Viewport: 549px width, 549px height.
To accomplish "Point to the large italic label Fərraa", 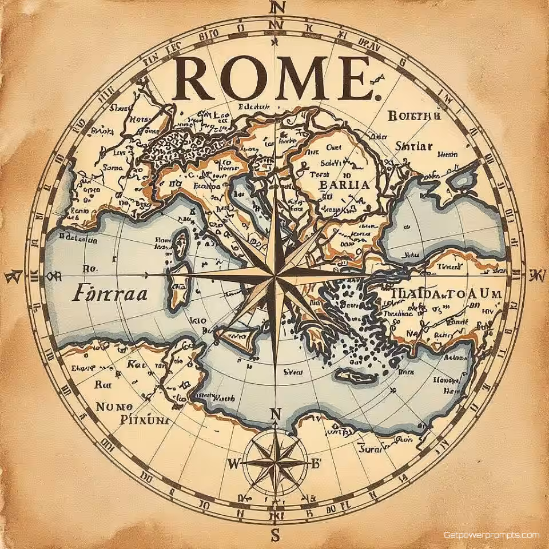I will [110, 293].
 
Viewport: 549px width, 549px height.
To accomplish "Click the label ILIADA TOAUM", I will [447, 293].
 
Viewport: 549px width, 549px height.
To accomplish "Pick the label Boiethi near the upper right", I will [415, 116].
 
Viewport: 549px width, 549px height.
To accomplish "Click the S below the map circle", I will [275, 536].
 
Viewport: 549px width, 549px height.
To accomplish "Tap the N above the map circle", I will [277, 8].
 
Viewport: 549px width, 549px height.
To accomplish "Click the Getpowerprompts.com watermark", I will [491, 535].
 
